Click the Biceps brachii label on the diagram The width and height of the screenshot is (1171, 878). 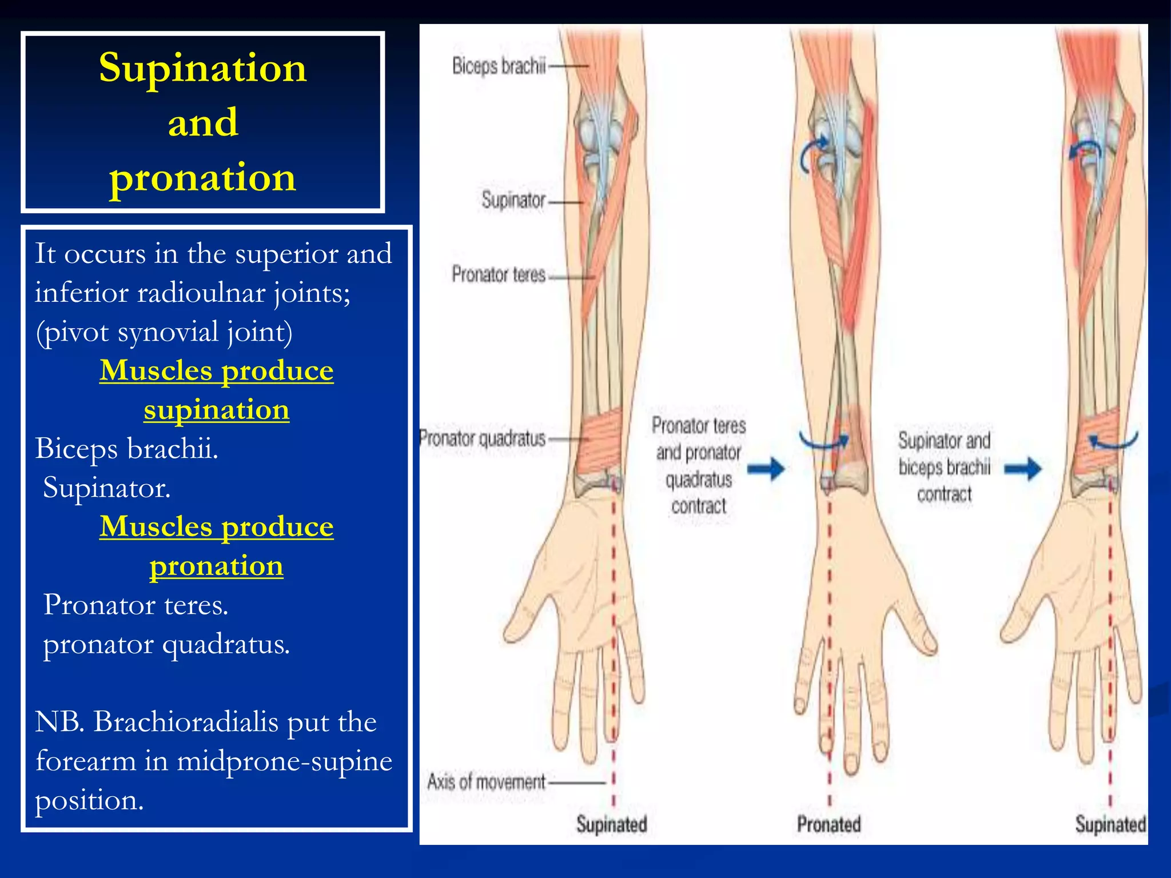(499, 66)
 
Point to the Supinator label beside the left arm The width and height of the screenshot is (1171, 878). (513, 201)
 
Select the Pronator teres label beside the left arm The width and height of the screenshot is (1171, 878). (499, 275)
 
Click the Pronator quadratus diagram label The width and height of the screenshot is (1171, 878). (483, 439)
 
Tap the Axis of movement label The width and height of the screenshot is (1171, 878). (487, 781)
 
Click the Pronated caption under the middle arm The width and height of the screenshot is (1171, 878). (829, 824)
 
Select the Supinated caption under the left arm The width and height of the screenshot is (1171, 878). (611, 824)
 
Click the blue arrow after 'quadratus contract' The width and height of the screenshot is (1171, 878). (766, 469)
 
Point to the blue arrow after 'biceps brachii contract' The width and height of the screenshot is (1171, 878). (1023, 469)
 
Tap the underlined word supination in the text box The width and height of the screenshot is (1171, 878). (216, 410)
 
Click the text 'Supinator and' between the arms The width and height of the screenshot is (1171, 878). (944, 441)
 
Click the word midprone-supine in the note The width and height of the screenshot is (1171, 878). (284, 761)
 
